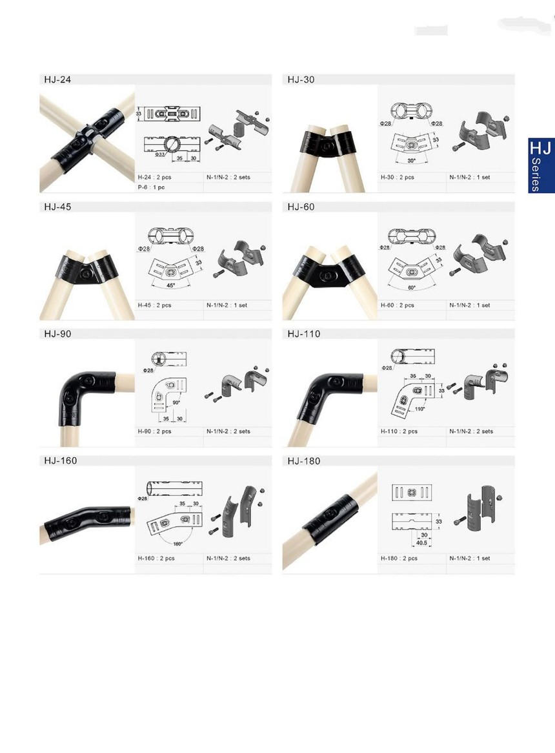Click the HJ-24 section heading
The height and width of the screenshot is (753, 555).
pos(57,79)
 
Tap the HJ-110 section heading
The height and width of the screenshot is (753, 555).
pos(304,334)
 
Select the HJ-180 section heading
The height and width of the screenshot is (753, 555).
pos(304,461)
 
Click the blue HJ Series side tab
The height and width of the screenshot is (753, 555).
pos(541,166)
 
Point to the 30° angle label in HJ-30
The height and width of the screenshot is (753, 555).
pos(412,160)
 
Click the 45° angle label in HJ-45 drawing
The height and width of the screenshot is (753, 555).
pos(171,285)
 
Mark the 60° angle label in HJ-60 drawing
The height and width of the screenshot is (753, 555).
pos(412,287)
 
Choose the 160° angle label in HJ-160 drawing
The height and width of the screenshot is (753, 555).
pos(178,544)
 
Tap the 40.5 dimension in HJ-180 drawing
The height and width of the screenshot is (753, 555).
pos(421,543)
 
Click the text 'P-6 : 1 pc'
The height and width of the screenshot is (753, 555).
pos(151,187)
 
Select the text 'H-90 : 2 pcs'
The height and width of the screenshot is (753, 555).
pos(154,431)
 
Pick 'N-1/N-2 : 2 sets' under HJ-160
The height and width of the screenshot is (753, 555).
pos(228,558)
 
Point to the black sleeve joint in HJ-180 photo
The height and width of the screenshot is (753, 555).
pos(331,519)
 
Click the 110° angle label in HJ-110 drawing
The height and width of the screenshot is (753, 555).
pos(419,409)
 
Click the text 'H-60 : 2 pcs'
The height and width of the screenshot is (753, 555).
pos(397,305)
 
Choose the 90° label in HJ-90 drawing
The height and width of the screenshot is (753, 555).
pos(176,402)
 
